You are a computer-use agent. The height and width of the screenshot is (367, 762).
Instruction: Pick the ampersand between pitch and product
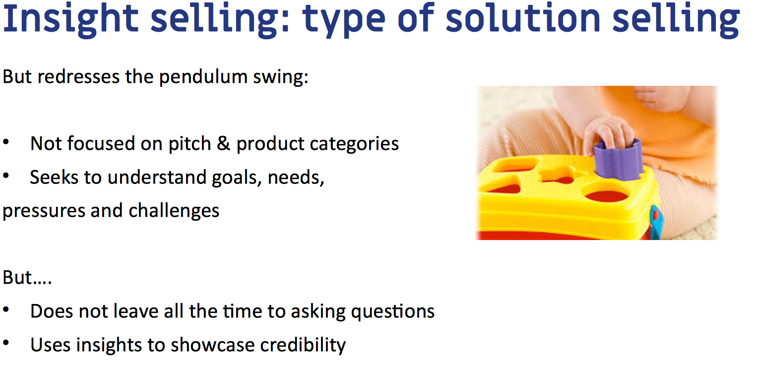(x=224, y=144)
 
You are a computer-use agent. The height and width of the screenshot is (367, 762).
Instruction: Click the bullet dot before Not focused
(x=6, y=143)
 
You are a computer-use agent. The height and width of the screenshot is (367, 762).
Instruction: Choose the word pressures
(x=43, y=211)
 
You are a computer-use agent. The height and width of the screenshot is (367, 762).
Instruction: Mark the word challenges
(x=174, y=211)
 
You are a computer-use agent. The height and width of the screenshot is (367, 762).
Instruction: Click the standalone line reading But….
(x=27, y=278)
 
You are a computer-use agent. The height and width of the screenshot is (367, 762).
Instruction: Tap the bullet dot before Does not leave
(x=6, y=310)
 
